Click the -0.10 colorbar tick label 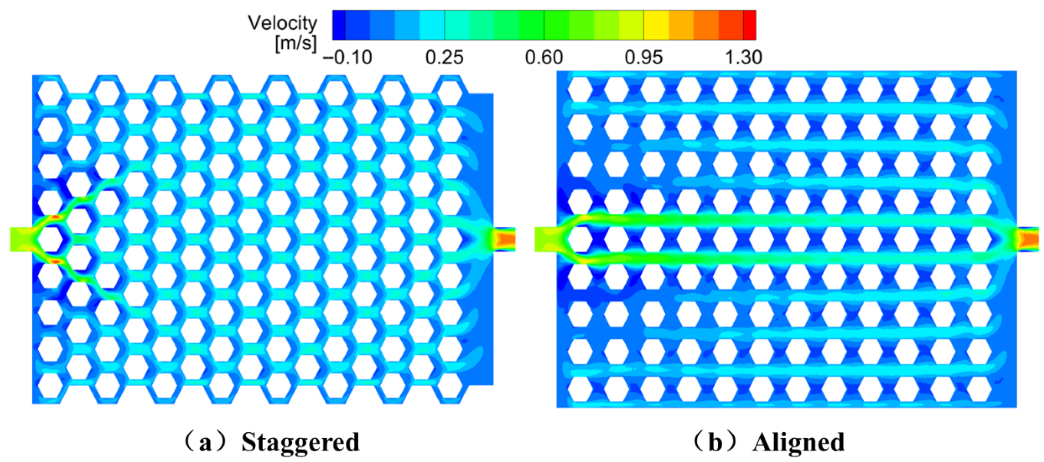click(x=348, y=57)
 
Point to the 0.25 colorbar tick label click(x=444, y=57)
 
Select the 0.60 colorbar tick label click(x=544, y=57)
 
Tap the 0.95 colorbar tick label click(x=644, y=57)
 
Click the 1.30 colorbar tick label click(x=743, y=57)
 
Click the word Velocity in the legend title click(x=282, y=23)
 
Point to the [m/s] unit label click(x=296, y=43)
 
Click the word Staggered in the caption click(x=300, y=443)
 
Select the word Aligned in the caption click(x=799, y=443)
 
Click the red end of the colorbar click(x=750, y=25)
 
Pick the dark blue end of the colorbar click(x=339, y=25)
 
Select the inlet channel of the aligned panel click(x=545, y=239)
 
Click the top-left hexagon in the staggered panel click(x=51, y=92)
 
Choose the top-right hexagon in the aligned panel click(x=979, y=90)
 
